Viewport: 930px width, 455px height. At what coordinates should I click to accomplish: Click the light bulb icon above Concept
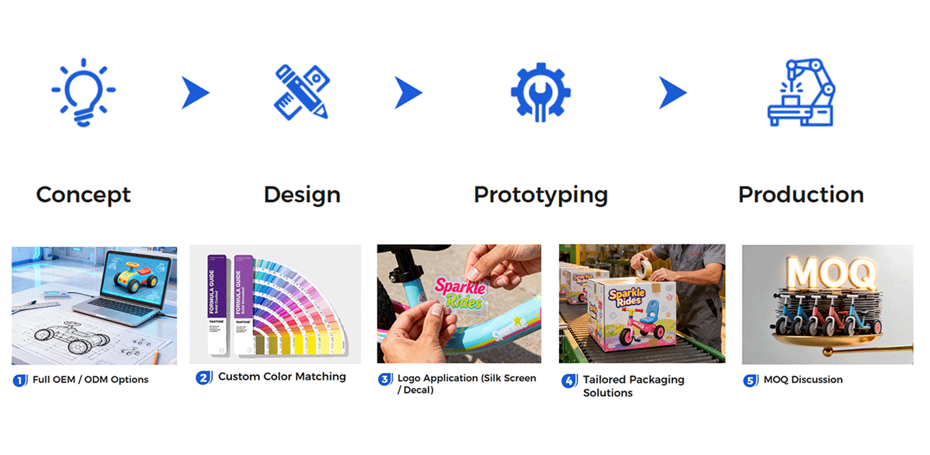click(83, 93)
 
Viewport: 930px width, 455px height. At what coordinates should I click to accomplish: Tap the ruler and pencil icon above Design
click(301, 93)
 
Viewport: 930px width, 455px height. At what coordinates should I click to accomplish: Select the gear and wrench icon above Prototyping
click(540, 93)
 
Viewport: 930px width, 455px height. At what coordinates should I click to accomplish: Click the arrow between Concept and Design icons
click(194, 93)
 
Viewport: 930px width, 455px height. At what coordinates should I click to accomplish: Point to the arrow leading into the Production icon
click(672, 93)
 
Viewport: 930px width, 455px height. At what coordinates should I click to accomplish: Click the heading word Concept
click(83, 195)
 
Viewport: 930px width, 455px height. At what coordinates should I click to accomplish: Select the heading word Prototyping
click(540, 195)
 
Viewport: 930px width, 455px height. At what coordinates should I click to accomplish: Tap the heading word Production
click(801, 195)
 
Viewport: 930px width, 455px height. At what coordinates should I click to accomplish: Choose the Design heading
click(302, 195)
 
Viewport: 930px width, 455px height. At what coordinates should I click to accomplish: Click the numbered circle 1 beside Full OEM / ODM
click(20, 380)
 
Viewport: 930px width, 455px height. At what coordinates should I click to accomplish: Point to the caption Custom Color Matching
click(282, 377)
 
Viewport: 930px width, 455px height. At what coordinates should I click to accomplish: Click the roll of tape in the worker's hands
click(644, 269)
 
